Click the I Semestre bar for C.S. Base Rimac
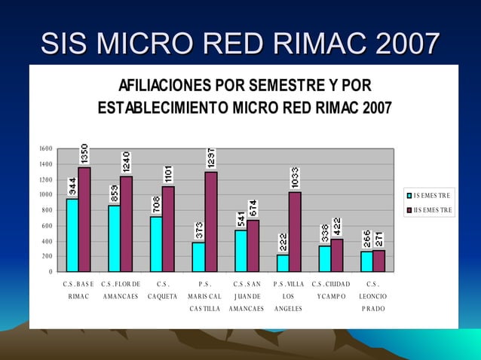[72, 234]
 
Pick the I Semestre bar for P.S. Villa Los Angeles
[283, 263]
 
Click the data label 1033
[296, 178]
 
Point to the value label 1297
[211, 157]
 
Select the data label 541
[240, 218]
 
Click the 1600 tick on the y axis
[45, 148]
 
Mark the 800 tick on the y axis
[47, 210]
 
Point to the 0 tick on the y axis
[50, 272]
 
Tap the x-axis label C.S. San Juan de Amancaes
[247, 296]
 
